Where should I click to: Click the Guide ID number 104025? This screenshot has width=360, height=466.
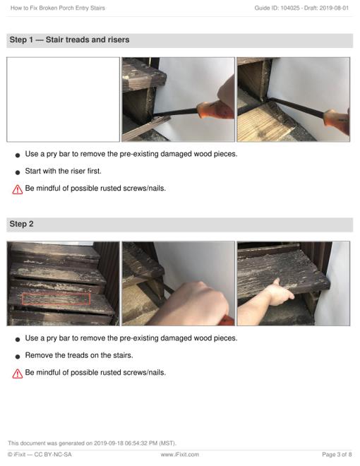coord(290,8)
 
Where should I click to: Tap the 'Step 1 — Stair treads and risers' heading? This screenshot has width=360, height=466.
coord(69,40)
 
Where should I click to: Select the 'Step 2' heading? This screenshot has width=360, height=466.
coord(21,224)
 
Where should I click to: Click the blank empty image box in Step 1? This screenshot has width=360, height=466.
coord(64,100)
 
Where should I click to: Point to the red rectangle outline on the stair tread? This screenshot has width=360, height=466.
coord(56,299)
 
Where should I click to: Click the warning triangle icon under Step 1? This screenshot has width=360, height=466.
coord(18,189)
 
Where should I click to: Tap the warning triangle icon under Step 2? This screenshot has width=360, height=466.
coord(18,374)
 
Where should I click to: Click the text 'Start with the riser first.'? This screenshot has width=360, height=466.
coord(64,171)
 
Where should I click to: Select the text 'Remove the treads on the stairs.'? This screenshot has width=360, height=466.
coord(79,355)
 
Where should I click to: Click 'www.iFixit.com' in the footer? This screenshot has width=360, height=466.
coord(180,455)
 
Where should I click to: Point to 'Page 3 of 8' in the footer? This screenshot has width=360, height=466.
coord(337,455)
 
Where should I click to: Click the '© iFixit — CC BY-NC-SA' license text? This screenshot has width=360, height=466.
coord(40,455)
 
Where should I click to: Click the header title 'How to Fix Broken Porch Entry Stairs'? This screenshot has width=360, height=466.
coord(58,8)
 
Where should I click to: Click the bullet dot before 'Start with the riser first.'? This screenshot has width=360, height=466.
coord(18,172)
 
